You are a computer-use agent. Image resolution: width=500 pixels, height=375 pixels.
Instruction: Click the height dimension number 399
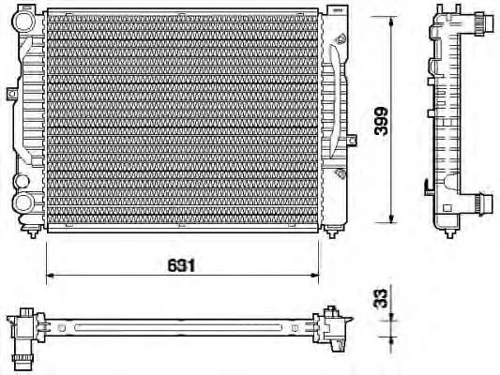[382, 121]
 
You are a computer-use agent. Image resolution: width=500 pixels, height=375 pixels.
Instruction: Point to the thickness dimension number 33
[381, 298]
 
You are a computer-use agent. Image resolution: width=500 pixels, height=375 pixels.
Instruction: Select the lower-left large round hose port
[23, 202]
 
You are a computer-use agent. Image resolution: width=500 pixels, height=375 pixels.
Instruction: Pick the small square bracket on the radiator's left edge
[12, 93]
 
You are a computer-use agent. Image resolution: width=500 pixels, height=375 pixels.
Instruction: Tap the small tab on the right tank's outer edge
[352, 141]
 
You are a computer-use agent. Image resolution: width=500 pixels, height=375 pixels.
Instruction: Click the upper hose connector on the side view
[480, 22]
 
